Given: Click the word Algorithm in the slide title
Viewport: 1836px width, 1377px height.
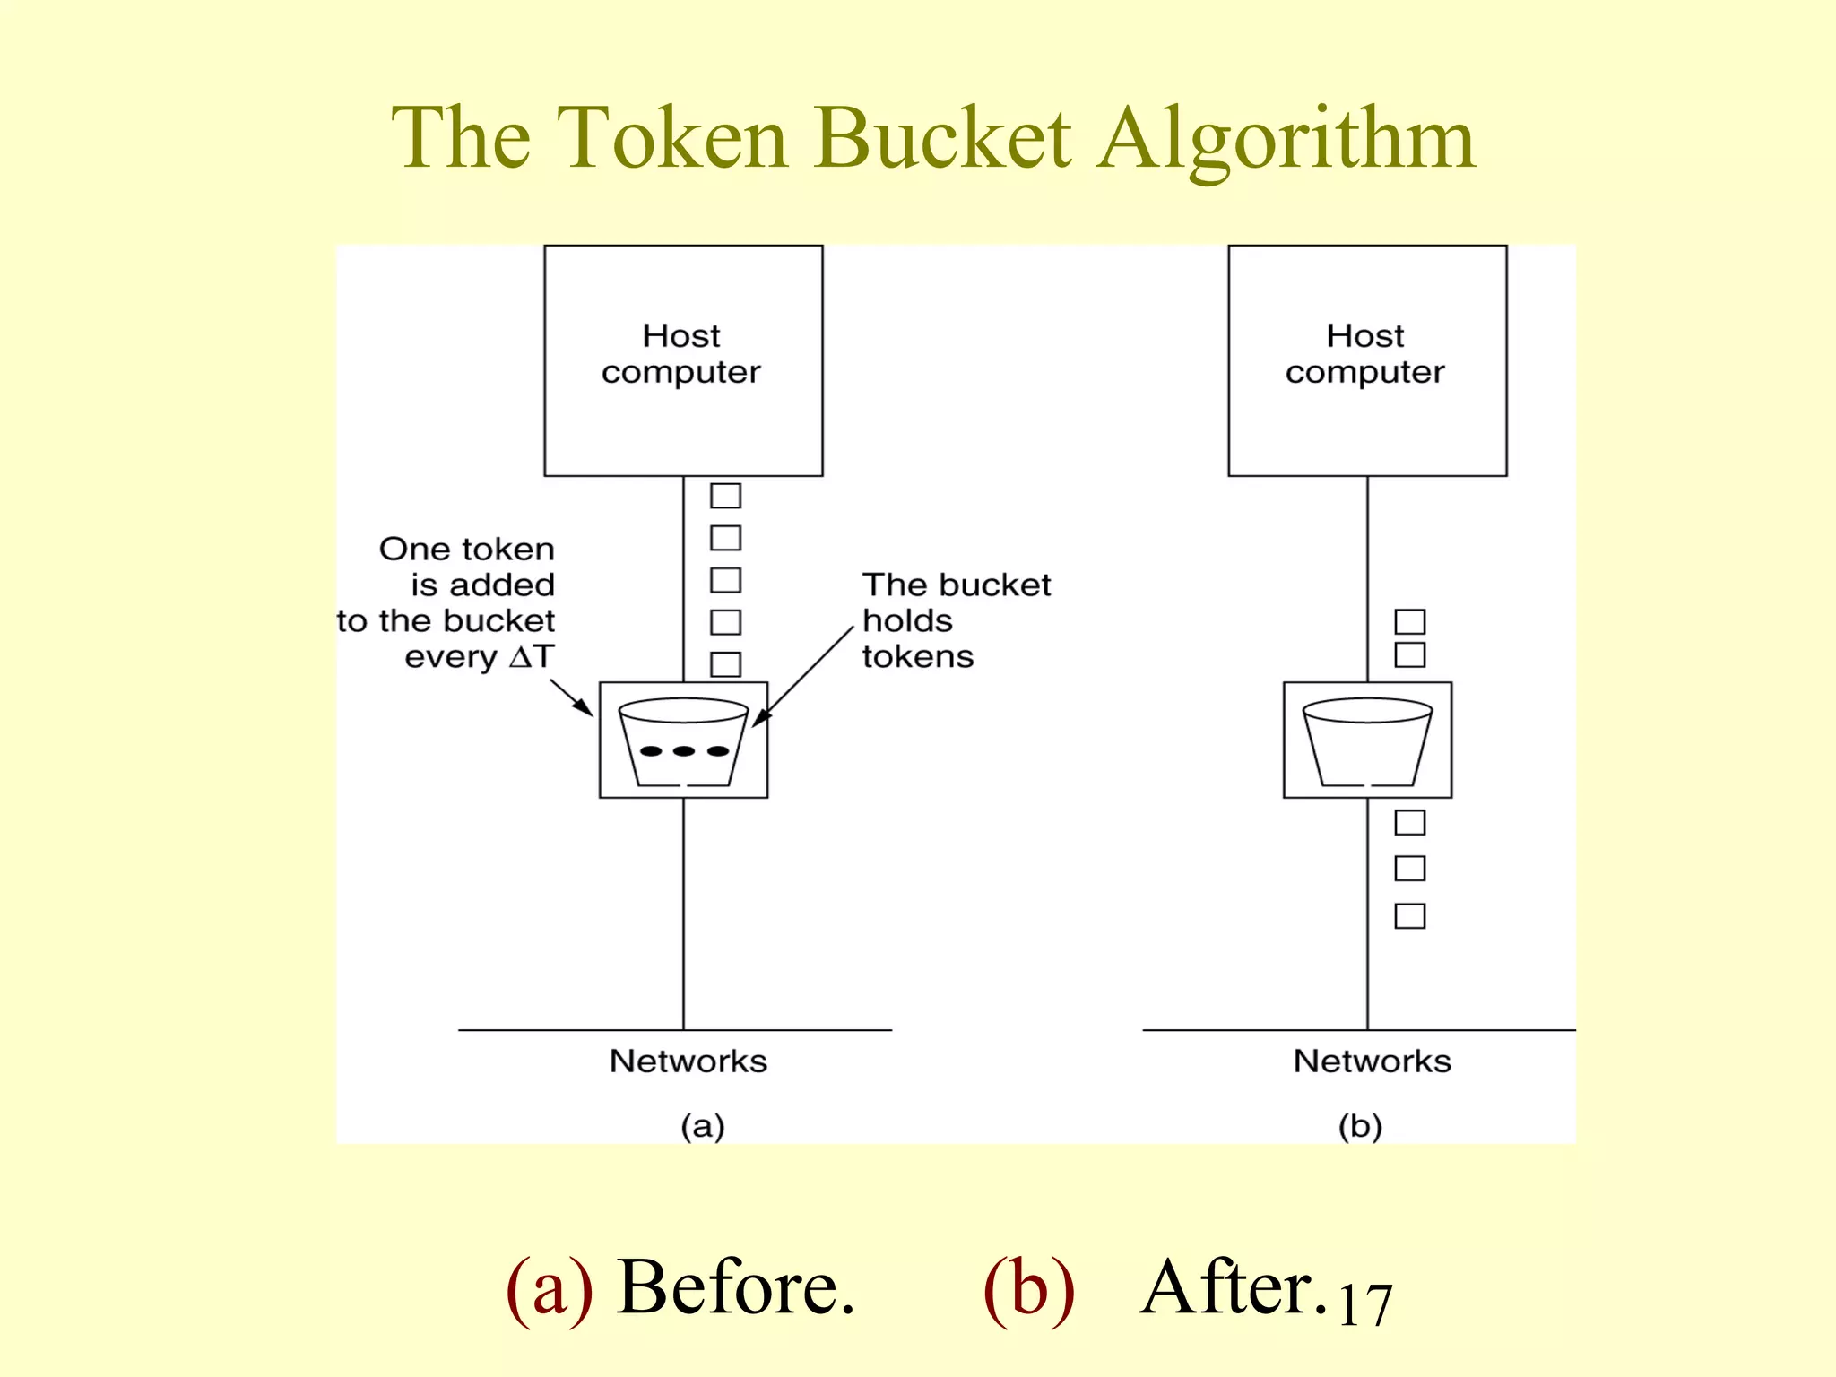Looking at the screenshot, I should (1286, 139).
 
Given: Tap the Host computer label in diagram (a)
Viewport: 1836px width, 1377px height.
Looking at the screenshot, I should (681, 353).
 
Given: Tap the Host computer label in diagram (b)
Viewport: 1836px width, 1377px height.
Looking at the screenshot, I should (1365, 353).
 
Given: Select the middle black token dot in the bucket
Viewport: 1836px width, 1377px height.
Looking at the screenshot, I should (684, 751).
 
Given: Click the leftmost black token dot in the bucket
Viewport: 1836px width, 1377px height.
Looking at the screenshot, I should (651, 751).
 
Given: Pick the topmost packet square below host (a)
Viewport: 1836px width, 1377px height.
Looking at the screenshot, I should (725, 496).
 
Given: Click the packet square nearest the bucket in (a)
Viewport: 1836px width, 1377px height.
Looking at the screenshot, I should (725, 664).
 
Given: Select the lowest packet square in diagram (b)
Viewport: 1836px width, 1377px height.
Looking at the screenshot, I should (1409, 916).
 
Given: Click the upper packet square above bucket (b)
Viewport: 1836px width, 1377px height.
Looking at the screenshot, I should (1409, 621).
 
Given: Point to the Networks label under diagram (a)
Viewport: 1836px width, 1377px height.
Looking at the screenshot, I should (688, 1061).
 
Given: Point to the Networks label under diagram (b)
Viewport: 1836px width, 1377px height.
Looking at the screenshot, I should (1372, 1061).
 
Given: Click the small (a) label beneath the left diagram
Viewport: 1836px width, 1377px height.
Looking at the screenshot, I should (702, 1126).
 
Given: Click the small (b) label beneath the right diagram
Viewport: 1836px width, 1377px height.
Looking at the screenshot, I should (1360, 1126).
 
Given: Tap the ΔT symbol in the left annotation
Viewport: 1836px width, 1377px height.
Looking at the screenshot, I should (532, 656).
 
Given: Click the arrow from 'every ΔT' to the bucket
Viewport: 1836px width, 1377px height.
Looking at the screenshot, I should (571, 697).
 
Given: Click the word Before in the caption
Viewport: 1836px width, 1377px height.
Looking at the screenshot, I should (735, 1287).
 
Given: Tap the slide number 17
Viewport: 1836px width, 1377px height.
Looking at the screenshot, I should (1364, 1304).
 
